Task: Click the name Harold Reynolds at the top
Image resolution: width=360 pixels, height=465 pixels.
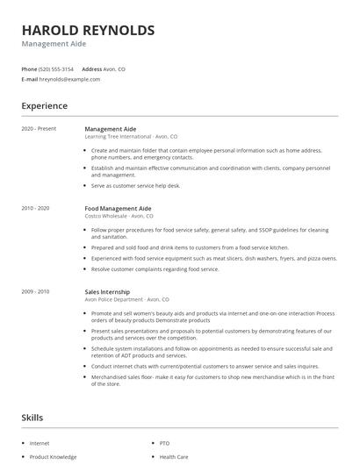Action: [88, 31]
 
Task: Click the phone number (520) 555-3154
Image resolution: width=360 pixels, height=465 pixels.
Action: [56, 68]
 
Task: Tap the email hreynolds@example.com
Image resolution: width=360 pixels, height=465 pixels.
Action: [69, 79]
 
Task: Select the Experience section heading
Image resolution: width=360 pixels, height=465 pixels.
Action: [45, 106]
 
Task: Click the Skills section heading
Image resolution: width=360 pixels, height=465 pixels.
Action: [32, 418]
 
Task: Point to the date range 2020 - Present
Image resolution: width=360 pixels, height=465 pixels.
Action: [39, 129]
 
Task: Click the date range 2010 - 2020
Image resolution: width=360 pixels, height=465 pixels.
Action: [36, 208]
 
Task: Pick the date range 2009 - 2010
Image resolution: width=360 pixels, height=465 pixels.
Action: [36, 291]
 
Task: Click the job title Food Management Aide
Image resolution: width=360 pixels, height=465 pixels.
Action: [118, 208]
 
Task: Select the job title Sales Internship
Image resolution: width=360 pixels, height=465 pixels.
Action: [107, 291]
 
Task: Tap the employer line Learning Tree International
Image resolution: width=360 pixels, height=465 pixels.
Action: [130, 137]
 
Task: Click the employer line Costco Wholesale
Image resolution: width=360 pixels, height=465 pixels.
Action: [119, 216]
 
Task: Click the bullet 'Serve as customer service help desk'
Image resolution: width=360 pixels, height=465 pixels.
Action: [135, 185]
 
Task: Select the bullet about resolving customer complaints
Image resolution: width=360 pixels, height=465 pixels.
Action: [155, 268]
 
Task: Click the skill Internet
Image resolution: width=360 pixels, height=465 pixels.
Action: [40, 444]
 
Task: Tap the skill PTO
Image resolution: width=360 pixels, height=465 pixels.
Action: [164, 444]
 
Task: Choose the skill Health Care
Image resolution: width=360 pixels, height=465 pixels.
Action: [174, 456]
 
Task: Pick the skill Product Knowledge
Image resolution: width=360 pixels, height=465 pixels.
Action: [53, 456]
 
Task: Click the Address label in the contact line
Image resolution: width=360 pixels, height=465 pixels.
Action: [91, 68]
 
